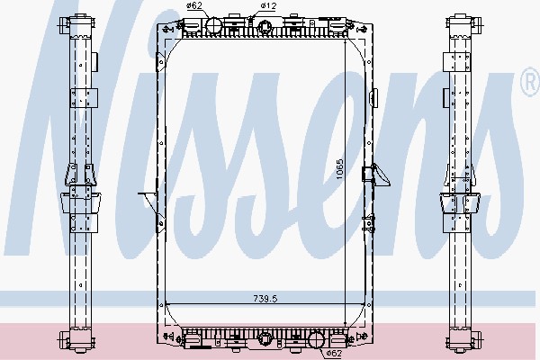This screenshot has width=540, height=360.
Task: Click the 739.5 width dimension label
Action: coord(265,298)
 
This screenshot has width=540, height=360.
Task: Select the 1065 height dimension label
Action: coord(340,169)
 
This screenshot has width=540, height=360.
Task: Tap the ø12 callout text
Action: coord(268,5)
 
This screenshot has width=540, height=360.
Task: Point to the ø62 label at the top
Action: coord(193,5)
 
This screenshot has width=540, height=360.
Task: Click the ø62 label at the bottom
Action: coord(334,353)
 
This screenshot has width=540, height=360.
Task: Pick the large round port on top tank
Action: coord(213,25)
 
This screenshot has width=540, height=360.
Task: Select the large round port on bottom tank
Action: coord(317,339)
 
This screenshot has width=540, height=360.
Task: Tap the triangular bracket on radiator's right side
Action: coord(380,175)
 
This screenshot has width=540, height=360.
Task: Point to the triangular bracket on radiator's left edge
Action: coord(148,203)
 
